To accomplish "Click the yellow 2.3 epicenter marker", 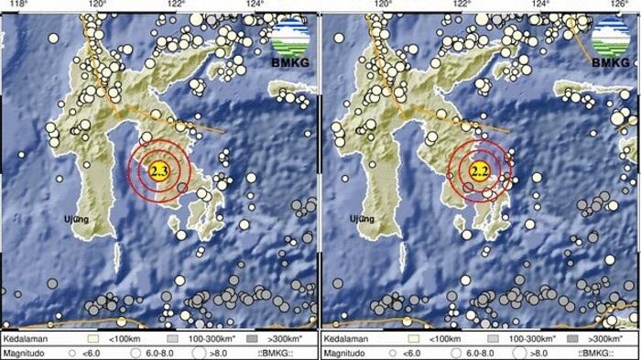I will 159,171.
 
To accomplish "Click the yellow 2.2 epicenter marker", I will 477,171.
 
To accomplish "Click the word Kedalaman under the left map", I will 25,338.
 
